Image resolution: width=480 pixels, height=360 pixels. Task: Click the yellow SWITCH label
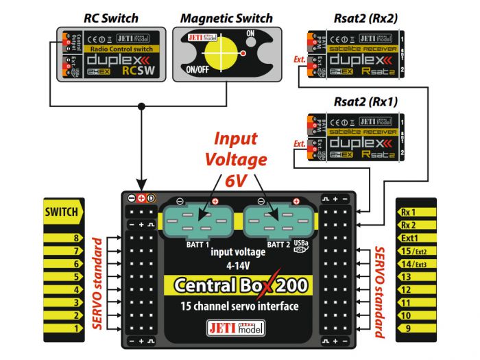point(62,213)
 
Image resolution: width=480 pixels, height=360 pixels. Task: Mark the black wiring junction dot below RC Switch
point(141,106)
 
